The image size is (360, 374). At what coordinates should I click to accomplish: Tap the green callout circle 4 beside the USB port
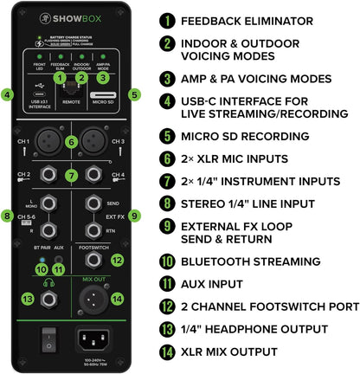(8, 94)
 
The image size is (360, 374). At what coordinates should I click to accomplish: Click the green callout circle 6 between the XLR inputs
(71, 142)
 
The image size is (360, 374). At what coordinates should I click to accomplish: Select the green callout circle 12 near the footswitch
(118, 259)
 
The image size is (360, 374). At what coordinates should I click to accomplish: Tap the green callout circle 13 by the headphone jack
(28, 299)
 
